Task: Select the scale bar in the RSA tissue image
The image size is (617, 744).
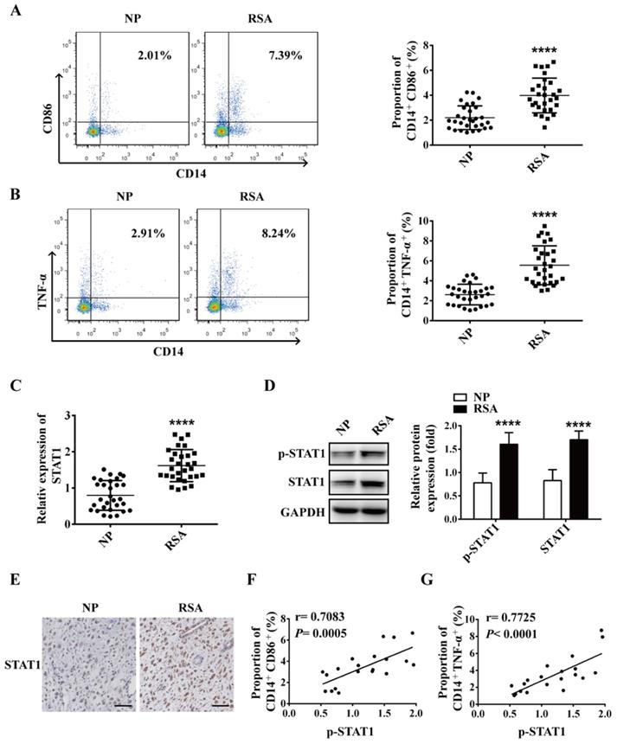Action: pos(222,702)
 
